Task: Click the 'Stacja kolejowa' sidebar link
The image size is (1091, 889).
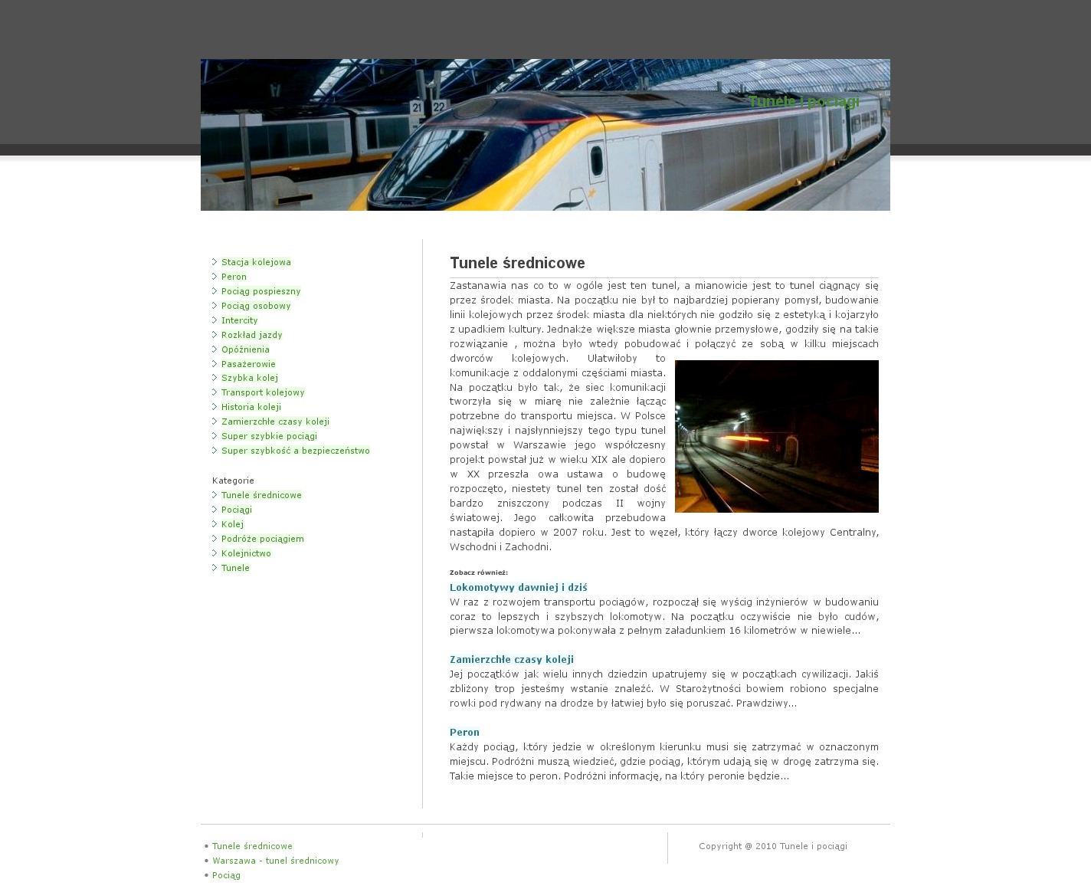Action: click(x=256, y=262)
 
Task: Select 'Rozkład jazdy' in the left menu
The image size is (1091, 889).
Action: click(x=251, y=335)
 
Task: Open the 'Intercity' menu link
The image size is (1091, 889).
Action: click(x=239, y=320)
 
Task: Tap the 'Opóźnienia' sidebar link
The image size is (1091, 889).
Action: click(x=245, y=349)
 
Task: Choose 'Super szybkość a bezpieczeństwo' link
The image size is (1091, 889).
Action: click(x=295, y=451)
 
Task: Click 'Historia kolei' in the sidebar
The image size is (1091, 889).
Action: click(x=251, y=407)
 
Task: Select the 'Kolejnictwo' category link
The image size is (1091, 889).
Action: click(x=246, y=553)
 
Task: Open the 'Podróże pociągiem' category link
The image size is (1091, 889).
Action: click(x=262, y=539)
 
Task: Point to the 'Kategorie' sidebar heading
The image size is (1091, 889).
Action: click(x=233, y=481)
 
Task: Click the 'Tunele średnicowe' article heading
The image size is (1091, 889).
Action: click(x=517, y=263)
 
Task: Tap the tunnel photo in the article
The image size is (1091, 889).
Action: click(x=776, y=436)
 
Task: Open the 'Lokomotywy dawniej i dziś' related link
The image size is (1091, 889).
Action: click(x=518, y=588)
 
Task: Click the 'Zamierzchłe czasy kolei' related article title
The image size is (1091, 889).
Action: click(x=511, y=660)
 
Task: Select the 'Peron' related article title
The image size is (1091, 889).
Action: click(x=464, y=733)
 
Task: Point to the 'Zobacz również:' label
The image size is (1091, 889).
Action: click(x=478, y=572)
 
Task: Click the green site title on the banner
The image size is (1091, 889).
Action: click(x=803, y=102)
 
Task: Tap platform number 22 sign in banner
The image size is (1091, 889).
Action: click(x=438, y=107)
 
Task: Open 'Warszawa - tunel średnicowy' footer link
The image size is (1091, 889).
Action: click(x=275, y=861)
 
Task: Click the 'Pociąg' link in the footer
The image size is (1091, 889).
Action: click(x=226, y=875)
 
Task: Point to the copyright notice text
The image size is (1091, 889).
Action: click(x=772, y=846)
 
